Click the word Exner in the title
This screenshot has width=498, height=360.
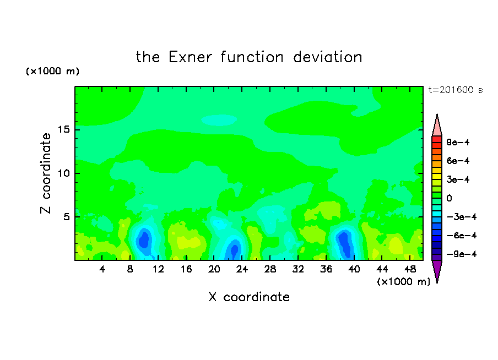190,57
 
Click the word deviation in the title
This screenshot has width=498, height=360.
327,57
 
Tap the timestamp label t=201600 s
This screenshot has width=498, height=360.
456,90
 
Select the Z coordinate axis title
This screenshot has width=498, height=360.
46,173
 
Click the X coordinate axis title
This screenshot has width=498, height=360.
249,297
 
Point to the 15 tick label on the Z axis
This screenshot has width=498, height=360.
64,129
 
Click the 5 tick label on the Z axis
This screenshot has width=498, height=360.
67,217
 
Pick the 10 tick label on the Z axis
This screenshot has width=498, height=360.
64,173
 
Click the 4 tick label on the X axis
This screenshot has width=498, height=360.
102,269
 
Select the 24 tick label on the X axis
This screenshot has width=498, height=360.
242,269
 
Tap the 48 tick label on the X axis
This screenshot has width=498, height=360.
410,269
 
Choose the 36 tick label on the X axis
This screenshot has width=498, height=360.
326,269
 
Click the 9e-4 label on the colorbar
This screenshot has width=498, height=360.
458,142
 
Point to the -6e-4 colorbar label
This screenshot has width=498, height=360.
462,235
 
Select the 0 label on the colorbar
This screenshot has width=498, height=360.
449,198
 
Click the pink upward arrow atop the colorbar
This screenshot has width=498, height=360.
437,126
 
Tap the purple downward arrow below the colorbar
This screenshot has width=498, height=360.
437,271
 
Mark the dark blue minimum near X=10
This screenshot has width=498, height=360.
144,239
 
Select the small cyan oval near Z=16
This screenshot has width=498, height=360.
219,120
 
